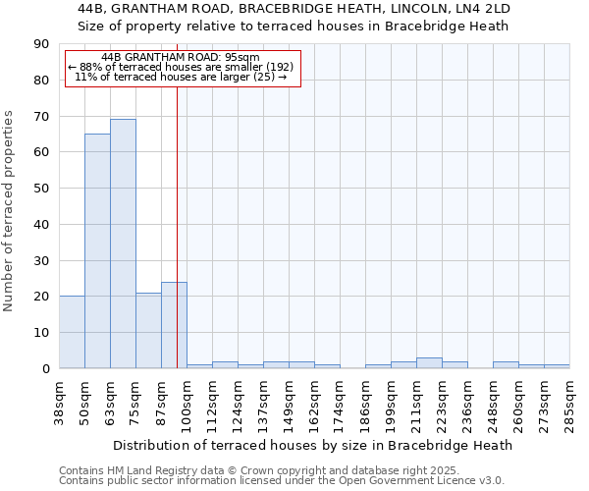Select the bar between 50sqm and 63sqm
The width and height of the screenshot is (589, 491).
point(97,250)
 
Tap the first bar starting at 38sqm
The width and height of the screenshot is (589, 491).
point(72,332)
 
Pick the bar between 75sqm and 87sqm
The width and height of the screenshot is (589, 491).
point(148,330)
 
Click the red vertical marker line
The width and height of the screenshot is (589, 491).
point(178,196)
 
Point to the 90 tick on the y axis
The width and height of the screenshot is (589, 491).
point(41,44)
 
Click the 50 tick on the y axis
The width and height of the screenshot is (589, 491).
point(41,189)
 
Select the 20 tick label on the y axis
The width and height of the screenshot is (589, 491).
point(41,297)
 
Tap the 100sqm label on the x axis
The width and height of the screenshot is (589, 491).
point(187,402)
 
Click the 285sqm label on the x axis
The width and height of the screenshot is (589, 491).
point(569,402)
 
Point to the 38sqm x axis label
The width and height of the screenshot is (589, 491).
point(59,402)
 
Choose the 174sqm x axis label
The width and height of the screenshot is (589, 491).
point(340,402)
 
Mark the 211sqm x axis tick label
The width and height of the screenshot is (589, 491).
point(416,402)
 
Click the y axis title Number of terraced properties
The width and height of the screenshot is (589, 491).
point(10,211)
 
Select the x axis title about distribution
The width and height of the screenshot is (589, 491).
point(313,445)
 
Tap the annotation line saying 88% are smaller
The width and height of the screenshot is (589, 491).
point(181,67)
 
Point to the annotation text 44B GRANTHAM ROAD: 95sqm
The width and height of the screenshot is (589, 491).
point(181,57)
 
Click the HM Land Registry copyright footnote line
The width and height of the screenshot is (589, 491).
point(259,470)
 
